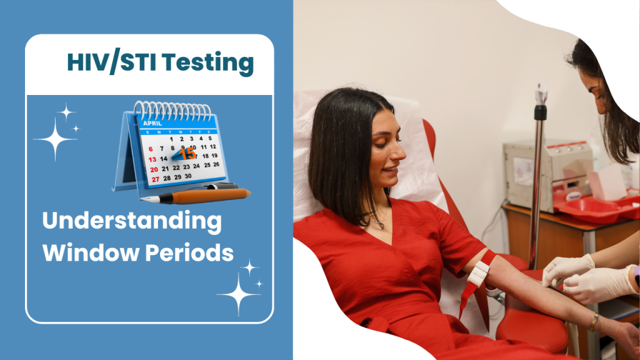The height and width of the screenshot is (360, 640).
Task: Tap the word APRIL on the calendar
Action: point(152,123)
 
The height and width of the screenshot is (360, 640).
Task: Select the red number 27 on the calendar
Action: point(156,179)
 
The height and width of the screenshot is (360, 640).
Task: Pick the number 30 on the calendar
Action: point(187,176)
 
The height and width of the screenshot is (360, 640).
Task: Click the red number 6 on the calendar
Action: point(151,149)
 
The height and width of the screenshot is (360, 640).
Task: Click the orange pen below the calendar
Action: point(196,196)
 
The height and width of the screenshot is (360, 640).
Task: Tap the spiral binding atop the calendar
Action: point(172,109)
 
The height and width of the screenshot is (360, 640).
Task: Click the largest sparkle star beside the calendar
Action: point(55,139)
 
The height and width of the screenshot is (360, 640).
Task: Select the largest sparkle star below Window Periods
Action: point(239,294)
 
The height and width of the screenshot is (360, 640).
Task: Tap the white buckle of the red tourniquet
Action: point(478,272)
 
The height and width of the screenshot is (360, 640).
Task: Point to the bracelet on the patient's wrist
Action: point(594,322)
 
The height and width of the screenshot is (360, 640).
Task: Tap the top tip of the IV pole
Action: point(541,85)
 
